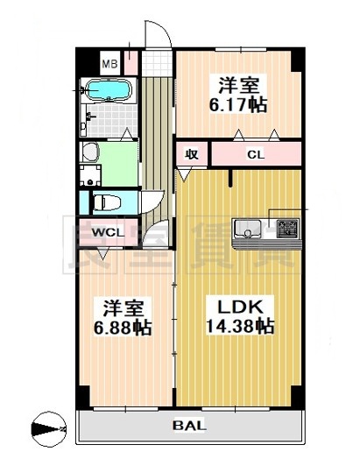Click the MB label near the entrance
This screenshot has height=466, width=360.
pos(109,63)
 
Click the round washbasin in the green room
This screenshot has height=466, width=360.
pos(88,152)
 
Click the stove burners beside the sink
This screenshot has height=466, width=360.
pos(286,230)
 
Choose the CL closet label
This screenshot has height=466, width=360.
pos(255,156)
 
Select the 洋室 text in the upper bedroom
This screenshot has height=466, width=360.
pos(237,85)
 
